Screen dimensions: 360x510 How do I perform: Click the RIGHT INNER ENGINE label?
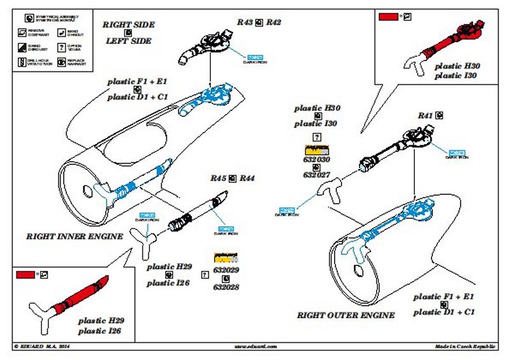click(74, 236)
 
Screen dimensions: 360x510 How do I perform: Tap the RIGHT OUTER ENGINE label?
click(346, 315)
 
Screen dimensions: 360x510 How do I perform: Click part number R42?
click(273, 22)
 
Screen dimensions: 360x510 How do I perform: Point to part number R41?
click(425, 115)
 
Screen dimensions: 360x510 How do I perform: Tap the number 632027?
click(316, 175)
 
